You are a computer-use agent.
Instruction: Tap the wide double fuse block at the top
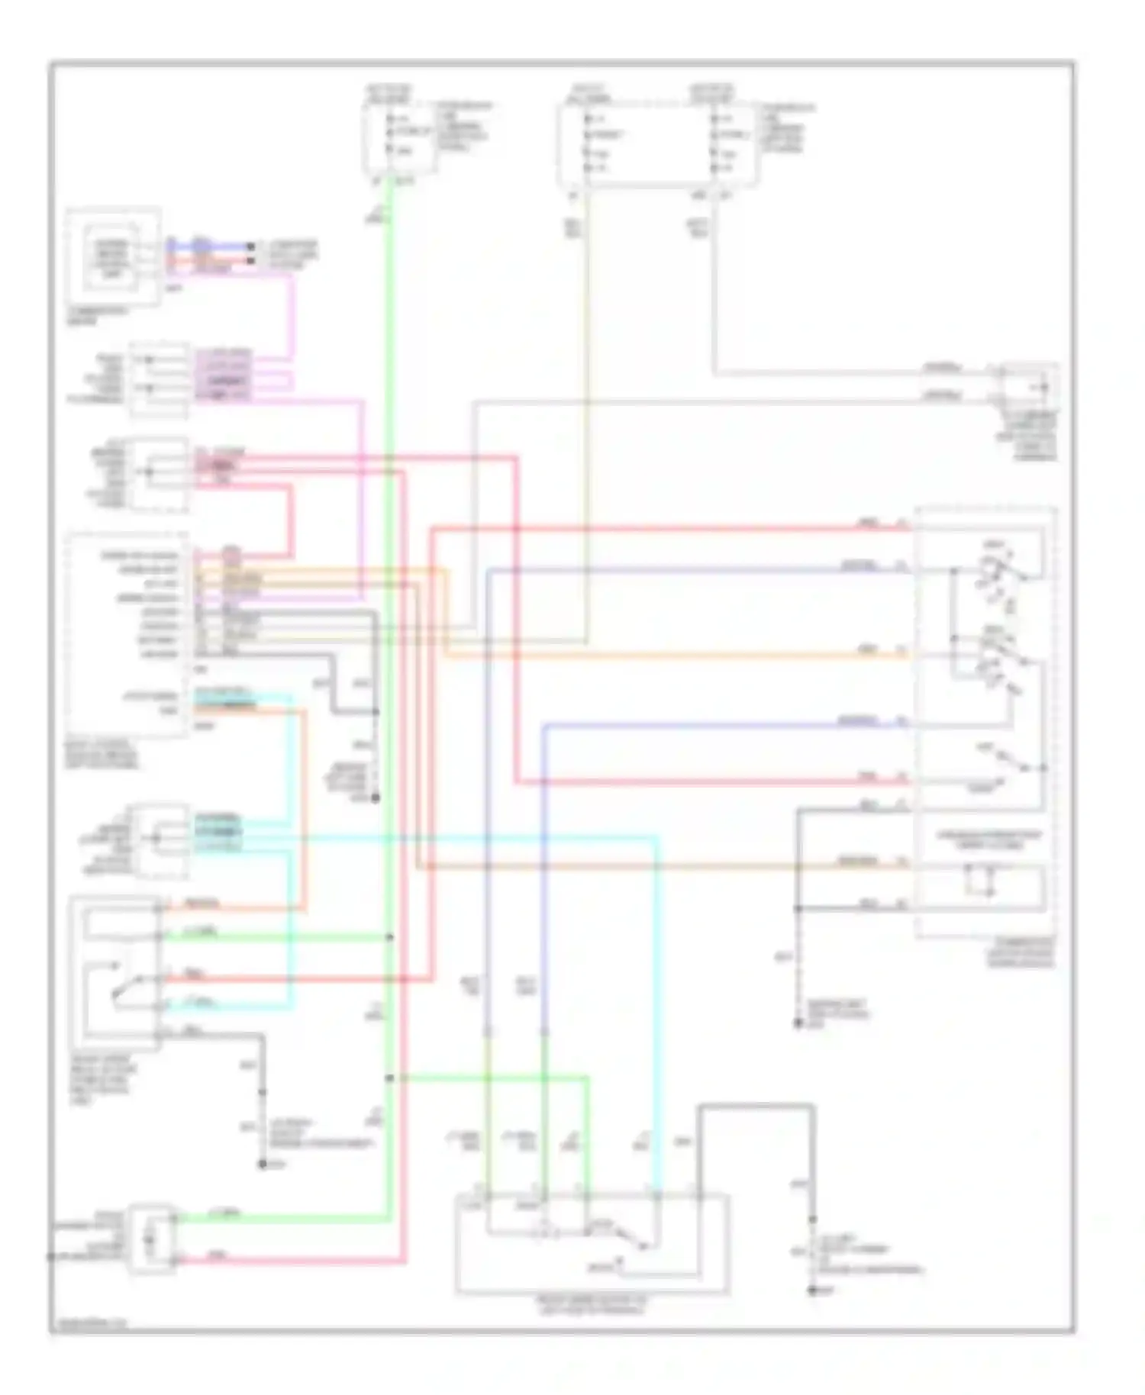(658, 145)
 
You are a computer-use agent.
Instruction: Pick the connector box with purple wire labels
(159, 379)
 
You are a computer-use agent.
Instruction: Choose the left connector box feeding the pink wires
(159, 473)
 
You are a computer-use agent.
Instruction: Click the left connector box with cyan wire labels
(159, 839)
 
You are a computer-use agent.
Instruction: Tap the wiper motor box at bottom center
(592, 1244)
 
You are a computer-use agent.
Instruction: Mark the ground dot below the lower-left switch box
(262, 1165)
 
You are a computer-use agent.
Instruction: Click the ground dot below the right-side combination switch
(798, 1023)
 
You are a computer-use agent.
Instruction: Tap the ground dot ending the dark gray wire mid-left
(375, 799)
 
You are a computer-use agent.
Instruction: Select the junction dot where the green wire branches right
(389, 1078)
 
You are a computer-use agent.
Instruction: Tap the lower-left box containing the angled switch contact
(114, 973)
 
